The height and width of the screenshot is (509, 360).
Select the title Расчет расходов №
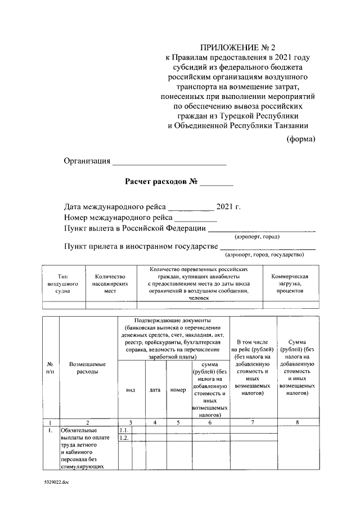[160, 182]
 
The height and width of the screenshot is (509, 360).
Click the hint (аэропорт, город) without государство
[262, 237]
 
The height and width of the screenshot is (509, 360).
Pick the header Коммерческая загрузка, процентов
[290, 284]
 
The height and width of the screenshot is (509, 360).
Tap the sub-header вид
[130, 389]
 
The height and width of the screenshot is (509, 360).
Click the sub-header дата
[155, 389]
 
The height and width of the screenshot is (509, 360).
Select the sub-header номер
[178, 389]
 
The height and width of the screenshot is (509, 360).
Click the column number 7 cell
[253, 422]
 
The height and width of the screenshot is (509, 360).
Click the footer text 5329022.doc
[56, 483]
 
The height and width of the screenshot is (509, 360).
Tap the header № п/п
[51, 368]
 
